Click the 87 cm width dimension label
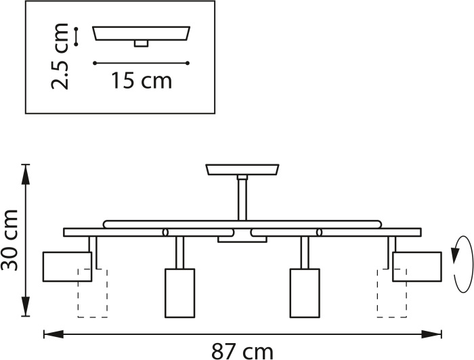[x=242, y=351]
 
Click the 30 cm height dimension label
[x=9, y=240]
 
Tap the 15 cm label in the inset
[x=142, y=81]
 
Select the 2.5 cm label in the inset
[x=60, y=56]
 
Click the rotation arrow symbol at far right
[x=462, y=264]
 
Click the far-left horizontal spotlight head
[x=67, y=267]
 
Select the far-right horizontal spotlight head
[x=417, y=267]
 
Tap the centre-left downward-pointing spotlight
[x=179, y=293]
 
